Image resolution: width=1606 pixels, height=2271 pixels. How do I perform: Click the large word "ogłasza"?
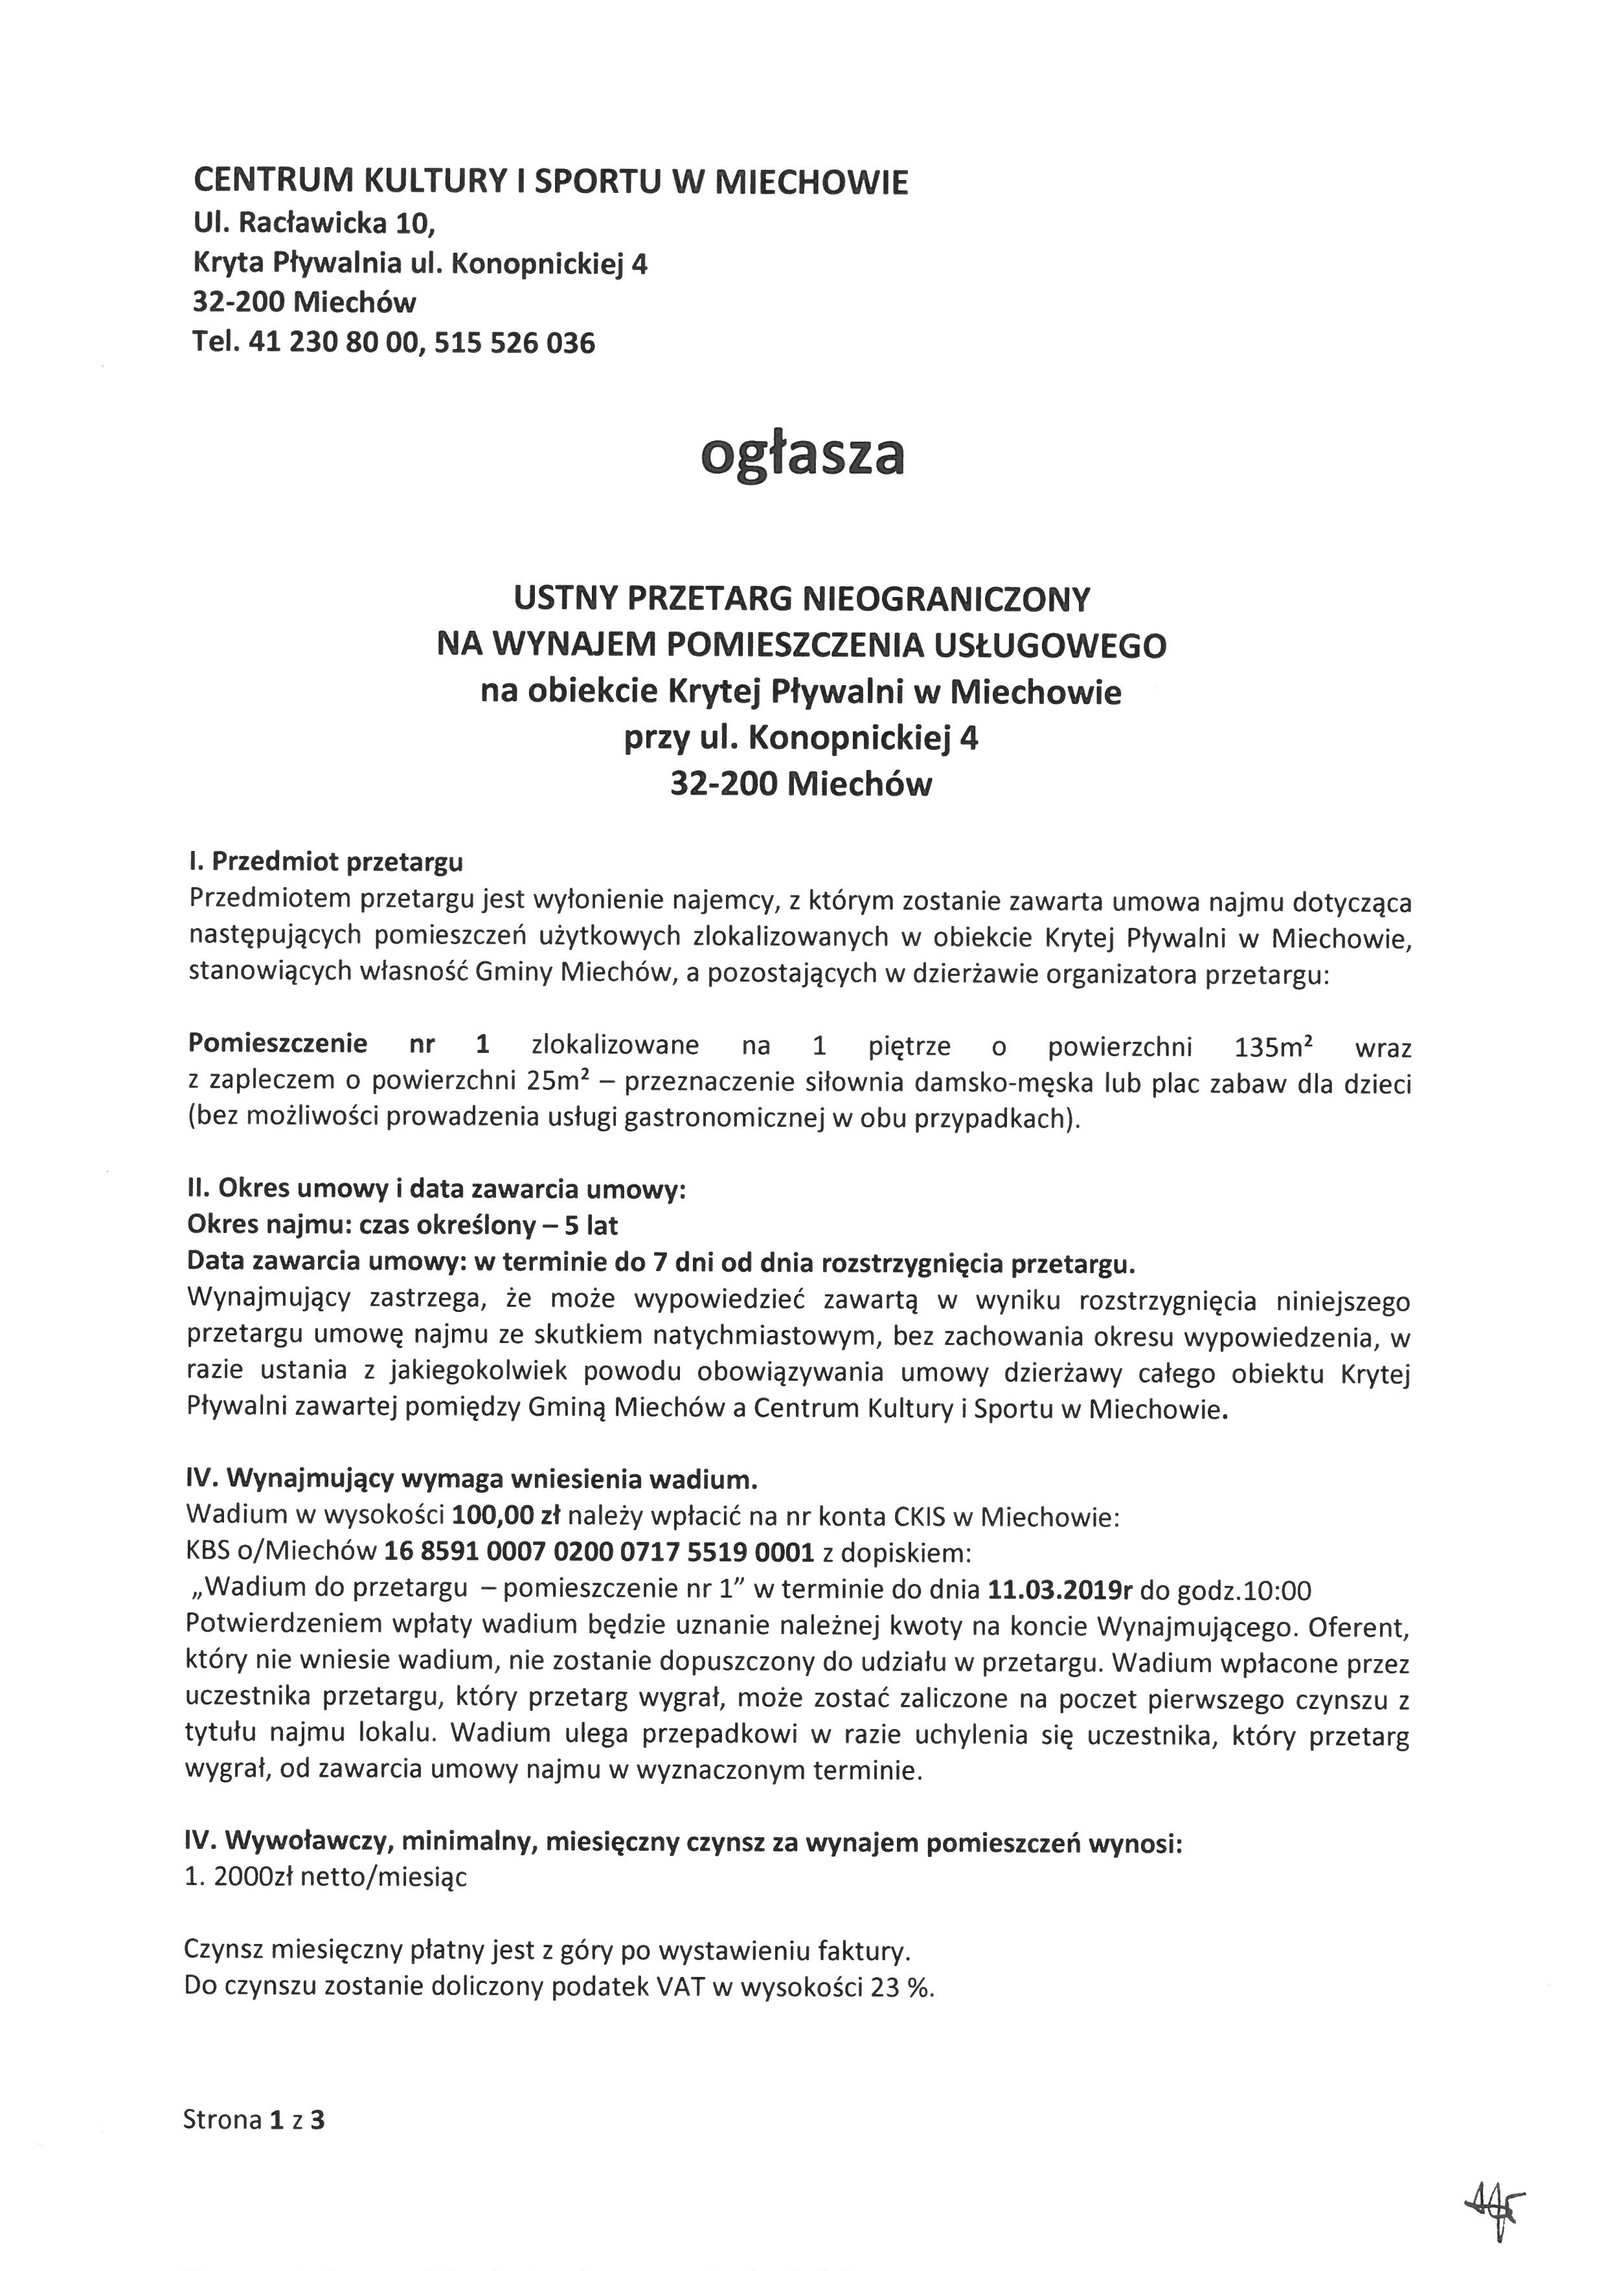(x=802, y=456)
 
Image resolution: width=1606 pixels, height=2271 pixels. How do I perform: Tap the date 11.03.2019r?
(x=1059, y=1590)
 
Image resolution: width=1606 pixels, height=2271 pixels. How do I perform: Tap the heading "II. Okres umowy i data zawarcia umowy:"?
(x=436, y=1190)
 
